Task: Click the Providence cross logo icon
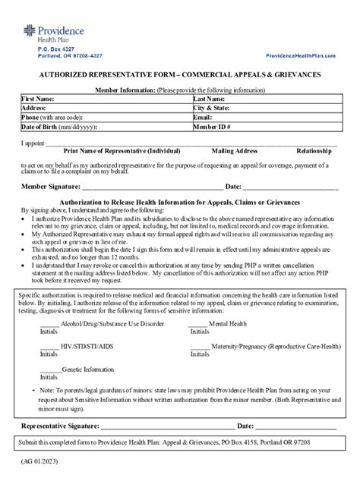[x=28, y=33]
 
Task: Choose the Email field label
[x=203, y=118]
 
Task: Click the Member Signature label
[x=50, y=186]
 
